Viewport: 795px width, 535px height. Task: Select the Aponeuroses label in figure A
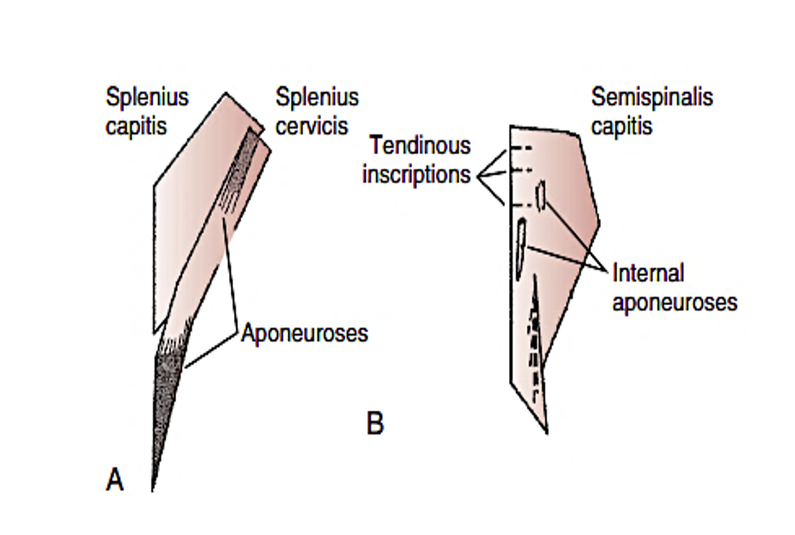[x=304, y=332]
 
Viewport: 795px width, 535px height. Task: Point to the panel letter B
[x=375, y=423]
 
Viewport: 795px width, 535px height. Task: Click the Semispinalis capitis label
[x=652, y=111]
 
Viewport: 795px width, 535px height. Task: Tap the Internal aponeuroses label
[x=674, y=287]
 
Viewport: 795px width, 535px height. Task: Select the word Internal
[x=649, y=273]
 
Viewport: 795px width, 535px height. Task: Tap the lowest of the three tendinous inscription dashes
[x=521, y=204]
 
